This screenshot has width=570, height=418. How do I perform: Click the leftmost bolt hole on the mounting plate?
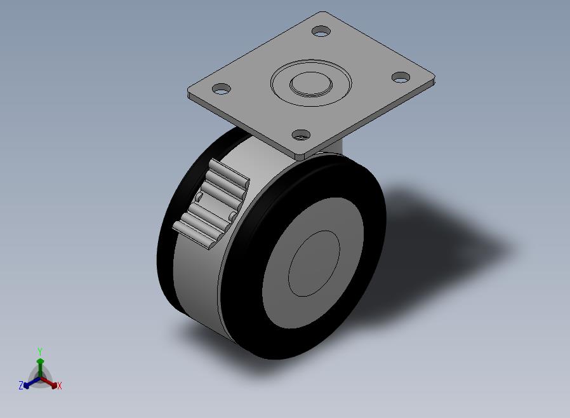point(222,88)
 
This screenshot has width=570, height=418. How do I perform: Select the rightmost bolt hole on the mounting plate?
point(401,77)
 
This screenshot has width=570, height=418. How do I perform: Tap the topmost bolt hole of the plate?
point(321,31)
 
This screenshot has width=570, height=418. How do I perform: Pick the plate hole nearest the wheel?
point(301,135)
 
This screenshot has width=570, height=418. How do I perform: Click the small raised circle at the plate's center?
point(311,84)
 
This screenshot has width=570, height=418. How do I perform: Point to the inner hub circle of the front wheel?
point(314,264)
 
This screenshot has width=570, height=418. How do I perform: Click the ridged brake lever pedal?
point(211,204)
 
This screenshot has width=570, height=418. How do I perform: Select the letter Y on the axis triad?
point(40,351)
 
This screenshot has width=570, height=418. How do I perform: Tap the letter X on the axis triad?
point(60,386)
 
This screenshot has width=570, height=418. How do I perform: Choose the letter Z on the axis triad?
point(21,385)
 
